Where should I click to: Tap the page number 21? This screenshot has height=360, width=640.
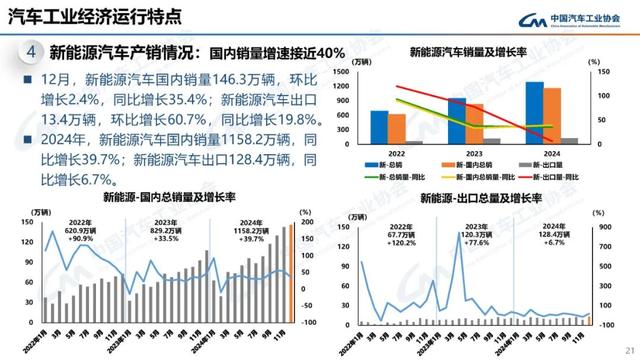click(627, 348)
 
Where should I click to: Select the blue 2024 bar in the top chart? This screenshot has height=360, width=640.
click(535, 113)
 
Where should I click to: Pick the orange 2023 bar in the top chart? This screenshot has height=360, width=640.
click(474, 124)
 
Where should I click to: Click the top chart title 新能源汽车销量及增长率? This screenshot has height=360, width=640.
click(468, 51)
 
